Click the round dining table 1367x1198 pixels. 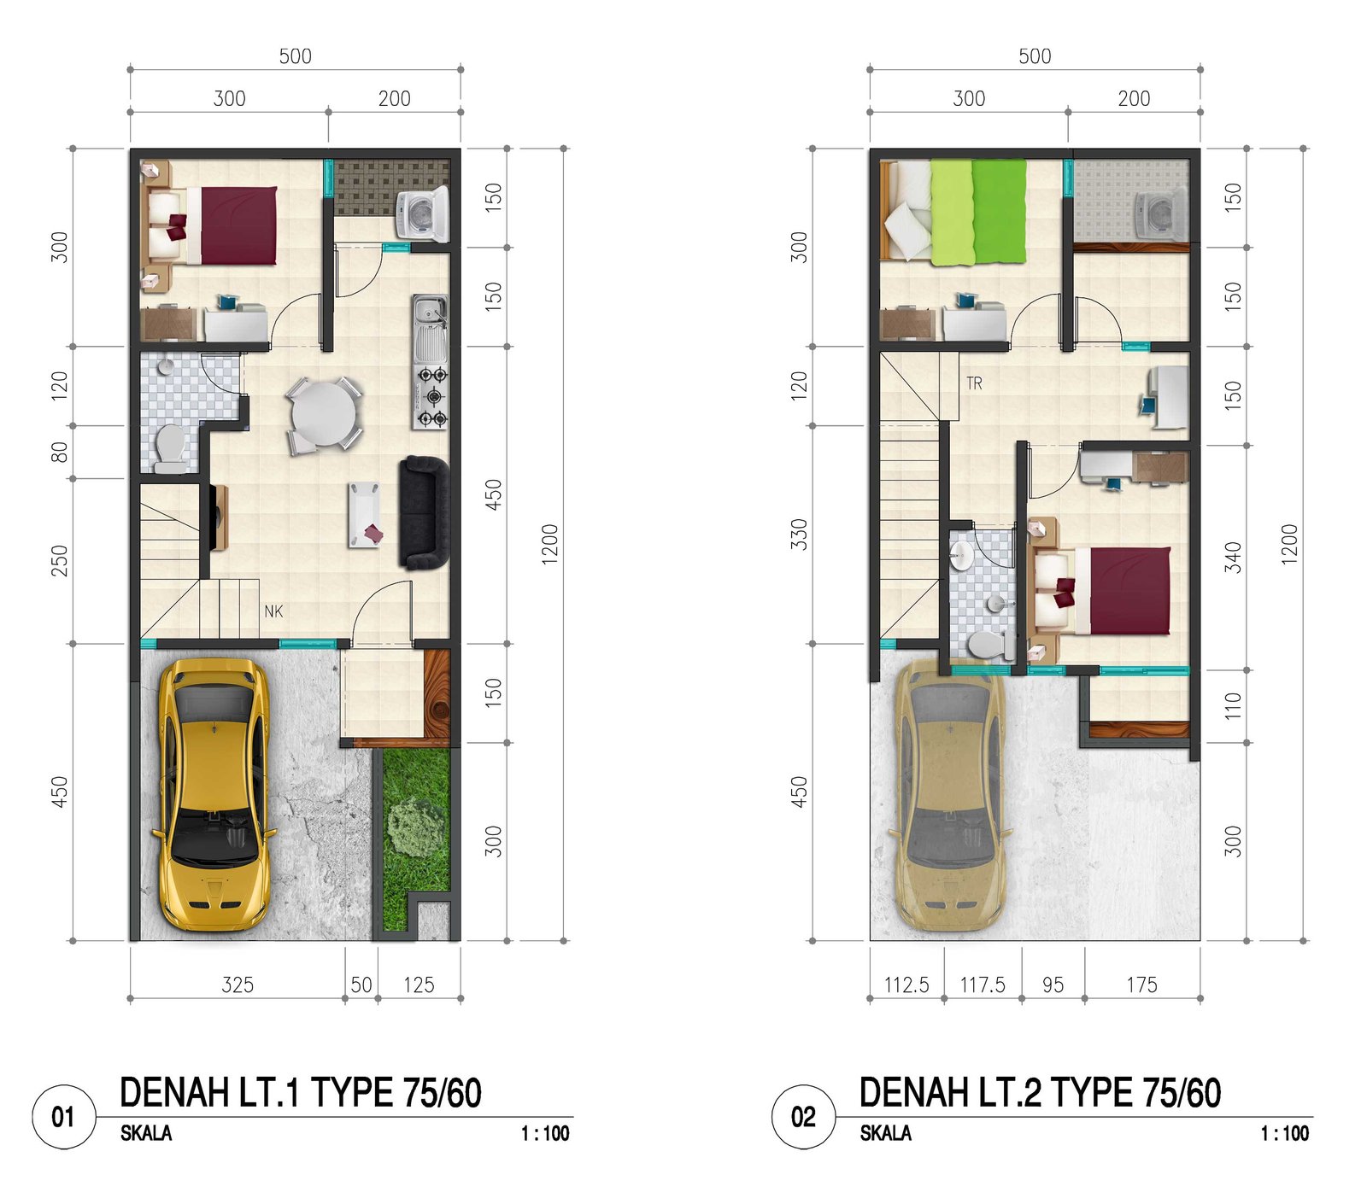click(323, 414)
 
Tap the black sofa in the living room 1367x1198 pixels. click(424, 513)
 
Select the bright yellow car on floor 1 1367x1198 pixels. click(214, 794)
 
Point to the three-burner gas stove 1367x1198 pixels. click(431, 396)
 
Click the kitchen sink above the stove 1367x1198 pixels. click(430, 329)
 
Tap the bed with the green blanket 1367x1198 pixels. click(953, 211)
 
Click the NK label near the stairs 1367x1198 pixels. click(273, 611)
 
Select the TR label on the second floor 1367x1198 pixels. click(974, 383)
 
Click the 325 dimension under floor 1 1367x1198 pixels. click(238, 985)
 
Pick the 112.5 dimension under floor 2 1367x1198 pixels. click(906, 985)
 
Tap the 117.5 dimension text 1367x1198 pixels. click(983, 985)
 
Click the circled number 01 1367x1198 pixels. click(63, 1117)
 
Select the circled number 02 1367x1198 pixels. click(803, 1117)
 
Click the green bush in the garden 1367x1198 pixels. click(416, 827)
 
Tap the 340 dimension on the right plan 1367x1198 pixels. click(1233, 558)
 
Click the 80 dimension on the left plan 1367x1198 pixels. click(59, 452)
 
